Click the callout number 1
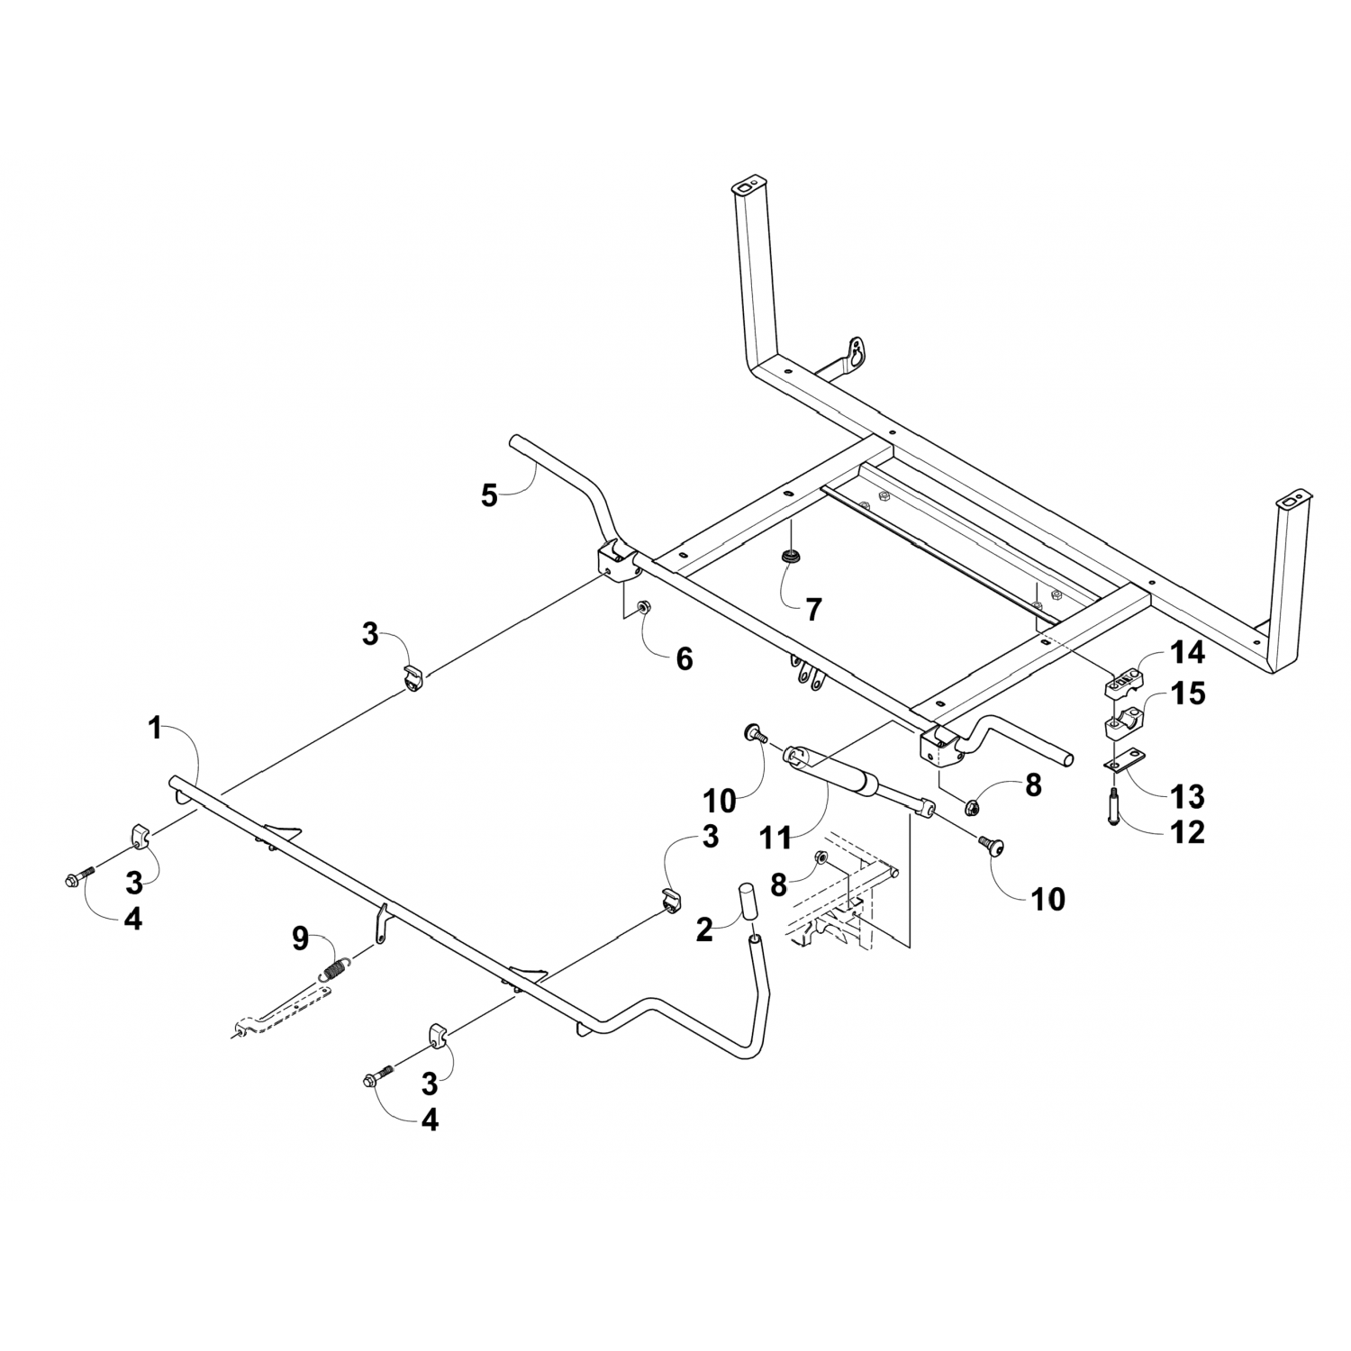pos(155,728)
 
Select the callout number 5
pos(489,495)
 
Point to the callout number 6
pos(685,659)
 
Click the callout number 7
pos(813,610)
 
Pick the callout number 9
pos(300,938)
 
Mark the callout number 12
pos(1189,833)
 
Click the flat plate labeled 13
pos(1123,763)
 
